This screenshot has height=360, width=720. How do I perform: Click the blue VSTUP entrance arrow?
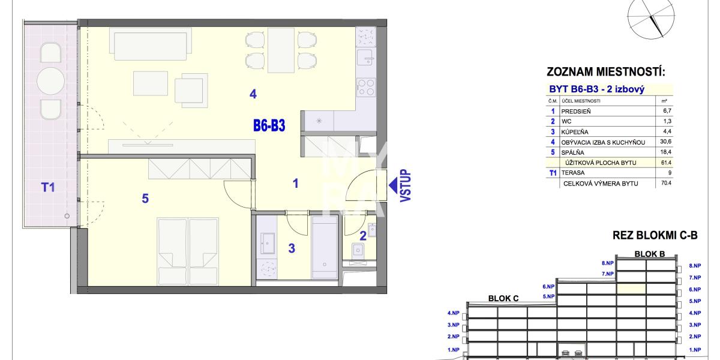tap(394, 185)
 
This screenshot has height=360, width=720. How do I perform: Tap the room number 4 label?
tap(253, 94)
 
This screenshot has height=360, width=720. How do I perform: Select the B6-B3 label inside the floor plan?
tap(269, 125)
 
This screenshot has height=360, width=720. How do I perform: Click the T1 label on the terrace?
tap(48, 187)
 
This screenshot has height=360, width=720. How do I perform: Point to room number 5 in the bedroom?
tap(145, 199)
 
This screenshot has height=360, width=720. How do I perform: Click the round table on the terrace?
tap(50, 81)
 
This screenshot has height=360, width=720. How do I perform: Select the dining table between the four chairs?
tap(281, 50)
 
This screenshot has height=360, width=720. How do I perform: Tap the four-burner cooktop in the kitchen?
tap(366, 88)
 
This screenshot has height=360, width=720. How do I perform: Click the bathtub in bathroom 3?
tap(325, 247)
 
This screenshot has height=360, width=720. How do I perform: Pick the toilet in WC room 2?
tap(358, 251)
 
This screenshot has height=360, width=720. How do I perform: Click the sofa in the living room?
tap(151, 44)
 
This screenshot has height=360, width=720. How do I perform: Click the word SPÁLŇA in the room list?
tap(572, 152)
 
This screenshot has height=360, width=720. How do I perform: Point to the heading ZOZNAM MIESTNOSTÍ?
tap(606, 71)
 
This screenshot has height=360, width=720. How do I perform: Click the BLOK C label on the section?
tap(503, 298)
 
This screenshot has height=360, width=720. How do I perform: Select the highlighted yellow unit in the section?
tap(631, 289)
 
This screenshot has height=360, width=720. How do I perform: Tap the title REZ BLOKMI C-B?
tap(655, 235)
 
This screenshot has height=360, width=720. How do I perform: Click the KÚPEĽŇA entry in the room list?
tap(575, 132)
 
